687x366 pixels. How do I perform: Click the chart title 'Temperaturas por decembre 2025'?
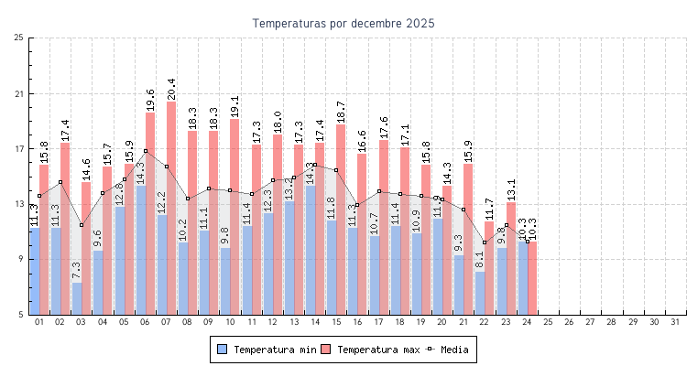(343, 23)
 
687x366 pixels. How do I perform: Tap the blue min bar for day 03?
(77, 298)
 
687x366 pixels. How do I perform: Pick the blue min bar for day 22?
(480, 293)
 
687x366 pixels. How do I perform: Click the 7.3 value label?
(77, 270)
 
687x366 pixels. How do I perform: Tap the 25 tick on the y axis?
(19, 38)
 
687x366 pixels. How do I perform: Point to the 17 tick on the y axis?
(19, 149)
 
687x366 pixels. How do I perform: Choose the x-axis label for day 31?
(676, 322)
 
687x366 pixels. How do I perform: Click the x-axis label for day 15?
(336, 322)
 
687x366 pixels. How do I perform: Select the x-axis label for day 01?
(39, 322)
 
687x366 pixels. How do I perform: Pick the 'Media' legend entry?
(452, 350)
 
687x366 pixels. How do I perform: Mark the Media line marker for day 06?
(146, 151)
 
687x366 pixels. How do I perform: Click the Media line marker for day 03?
(82, 225)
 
